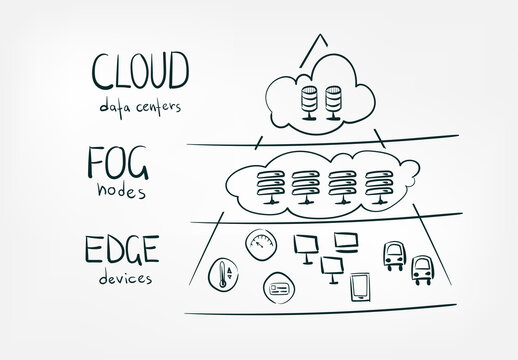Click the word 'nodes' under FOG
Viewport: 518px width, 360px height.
[124, 189]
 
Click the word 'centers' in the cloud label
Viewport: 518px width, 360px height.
[162, 105]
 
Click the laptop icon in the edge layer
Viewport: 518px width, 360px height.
[347, 241]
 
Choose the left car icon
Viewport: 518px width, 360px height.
[393, 254]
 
